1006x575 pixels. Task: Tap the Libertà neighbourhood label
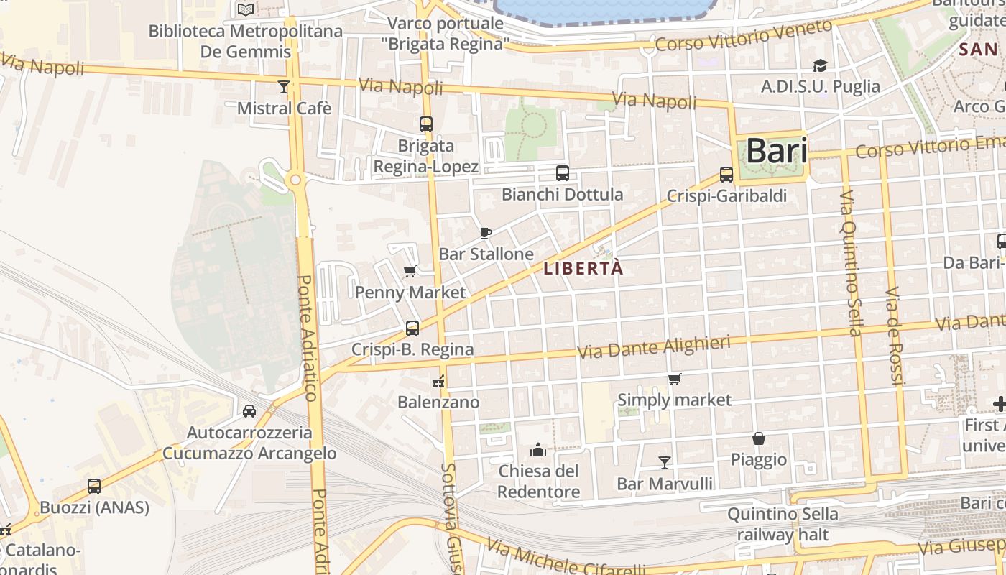click(583, 269)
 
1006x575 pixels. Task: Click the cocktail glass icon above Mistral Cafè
click(284, 87)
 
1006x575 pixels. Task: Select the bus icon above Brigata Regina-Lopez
click(426, 124)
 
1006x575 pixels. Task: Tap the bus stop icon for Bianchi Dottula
click(563, 173)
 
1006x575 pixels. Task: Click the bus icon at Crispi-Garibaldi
click(726, 175)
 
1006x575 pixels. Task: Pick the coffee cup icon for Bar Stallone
click(486, 233)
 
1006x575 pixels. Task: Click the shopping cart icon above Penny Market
click(410, 271)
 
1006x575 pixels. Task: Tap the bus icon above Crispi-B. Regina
click(412, 328)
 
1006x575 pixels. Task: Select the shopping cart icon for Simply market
click(674, 379)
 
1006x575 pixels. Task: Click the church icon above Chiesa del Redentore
click(538, 451)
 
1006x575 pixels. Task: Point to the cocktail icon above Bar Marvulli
click(665, 463)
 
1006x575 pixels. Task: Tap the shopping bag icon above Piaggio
click(758, 438)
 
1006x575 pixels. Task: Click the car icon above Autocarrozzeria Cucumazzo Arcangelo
click(249, 411)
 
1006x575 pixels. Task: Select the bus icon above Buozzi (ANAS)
click(94, 487)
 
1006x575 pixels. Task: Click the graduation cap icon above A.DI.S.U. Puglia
click(820, 66)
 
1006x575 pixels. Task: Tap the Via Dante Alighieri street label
click(653, 347)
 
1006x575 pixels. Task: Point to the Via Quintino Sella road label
click(850, 263)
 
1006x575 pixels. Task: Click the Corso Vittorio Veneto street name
click(744, 35)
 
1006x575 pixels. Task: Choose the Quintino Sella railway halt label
click(783, 525)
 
